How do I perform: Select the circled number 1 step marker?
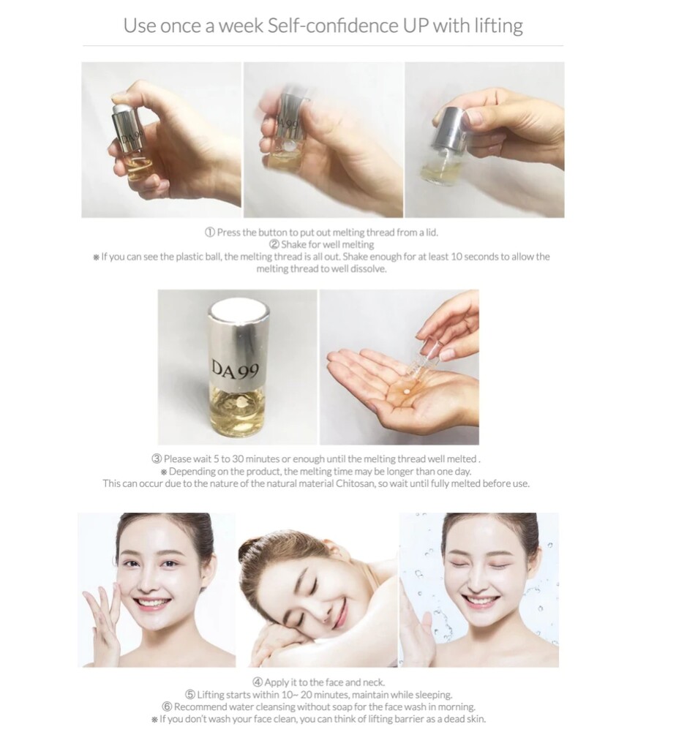tap(209, 232)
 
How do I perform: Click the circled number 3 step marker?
tap(156, 459)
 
